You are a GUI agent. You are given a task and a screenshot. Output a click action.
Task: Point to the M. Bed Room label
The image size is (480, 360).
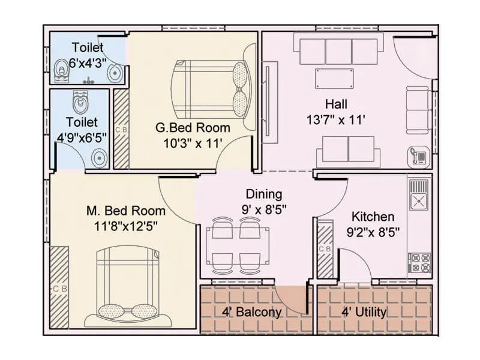tap(126, 211)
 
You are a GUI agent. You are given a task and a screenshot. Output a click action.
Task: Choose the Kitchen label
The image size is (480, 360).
tap(373, 217)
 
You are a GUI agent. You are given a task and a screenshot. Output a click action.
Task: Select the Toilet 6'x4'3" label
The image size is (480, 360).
tap(88, 55)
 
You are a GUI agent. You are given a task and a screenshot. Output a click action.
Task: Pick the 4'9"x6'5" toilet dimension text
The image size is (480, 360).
tap(82, 136)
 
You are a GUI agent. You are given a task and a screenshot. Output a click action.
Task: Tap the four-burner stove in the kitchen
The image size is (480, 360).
tap(418, 262)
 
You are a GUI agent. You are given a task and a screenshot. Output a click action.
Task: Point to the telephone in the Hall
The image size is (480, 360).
tap(418, 155)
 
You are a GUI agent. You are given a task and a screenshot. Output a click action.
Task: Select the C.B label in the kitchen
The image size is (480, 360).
tap(325, 249)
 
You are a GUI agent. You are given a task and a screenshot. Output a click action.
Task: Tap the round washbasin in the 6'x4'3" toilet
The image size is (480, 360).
tap(114, 73)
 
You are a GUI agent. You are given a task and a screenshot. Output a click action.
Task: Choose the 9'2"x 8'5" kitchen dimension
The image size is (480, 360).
tap(373, 231)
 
